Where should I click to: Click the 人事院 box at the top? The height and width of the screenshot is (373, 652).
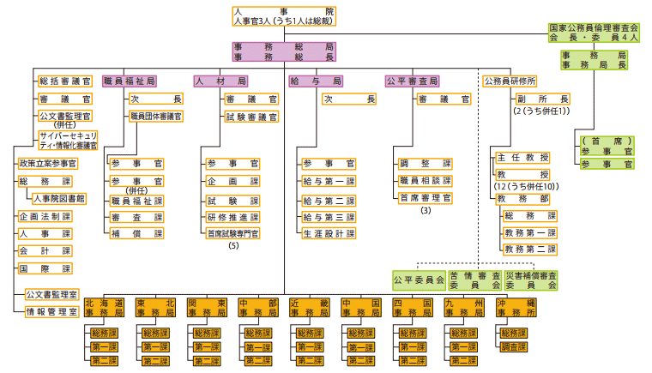click(284, 16)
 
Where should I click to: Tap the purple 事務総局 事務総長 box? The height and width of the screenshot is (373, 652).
click(284, 51)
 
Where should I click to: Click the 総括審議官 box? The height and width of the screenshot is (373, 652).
click(65, 81)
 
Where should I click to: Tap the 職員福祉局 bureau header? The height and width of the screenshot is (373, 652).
click(130, 81)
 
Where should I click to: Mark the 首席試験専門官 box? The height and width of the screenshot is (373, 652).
click(232, 233)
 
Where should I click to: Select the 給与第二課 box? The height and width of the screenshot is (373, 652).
click(329, 200)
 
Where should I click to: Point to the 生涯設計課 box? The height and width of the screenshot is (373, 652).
click(329, 233)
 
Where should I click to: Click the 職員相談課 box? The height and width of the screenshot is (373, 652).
click(425, 180)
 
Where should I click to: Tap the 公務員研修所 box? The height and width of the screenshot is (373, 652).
click(510, 81)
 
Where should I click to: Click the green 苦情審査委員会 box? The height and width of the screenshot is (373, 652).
click(474, 280)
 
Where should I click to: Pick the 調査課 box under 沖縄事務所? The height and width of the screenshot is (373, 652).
click(514, 347)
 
